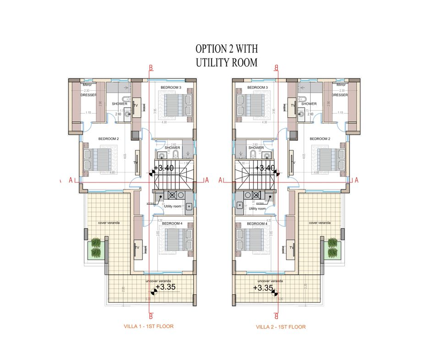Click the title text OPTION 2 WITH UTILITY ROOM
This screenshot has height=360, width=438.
coord(226,55)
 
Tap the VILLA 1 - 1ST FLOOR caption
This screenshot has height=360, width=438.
coord(149,326)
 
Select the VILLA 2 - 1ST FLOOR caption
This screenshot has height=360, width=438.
coord(281,327)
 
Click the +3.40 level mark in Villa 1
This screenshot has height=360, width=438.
coord(164,168)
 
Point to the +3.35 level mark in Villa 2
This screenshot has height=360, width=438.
coord(263,288)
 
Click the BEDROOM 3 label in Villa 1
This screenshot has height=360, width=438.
coord(171,88)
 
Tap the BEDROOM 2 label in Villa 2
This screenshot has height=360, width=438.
coord(319,139)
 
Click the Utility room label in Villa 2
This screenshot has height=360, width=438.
coord(256,209)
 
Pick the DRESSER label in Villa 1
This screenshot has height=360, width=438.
coord(89,95)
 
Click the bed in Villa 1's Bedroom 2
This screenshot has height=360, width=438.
coord(98,159)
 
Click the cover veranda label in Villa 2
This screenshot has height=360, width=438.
coord(319,223)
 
